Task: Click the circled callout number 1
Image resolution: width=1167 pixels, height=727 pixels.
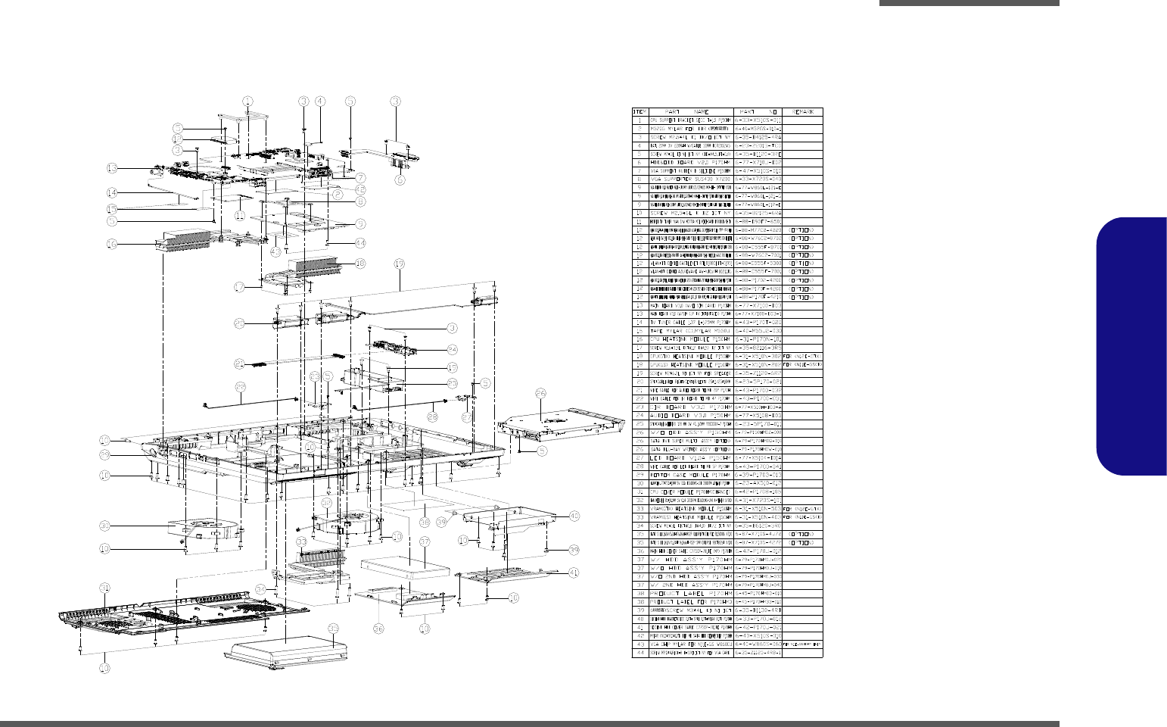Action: pos(247,101)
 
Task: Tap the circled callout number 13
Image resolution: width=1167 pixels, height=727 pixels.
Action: pos(111,168)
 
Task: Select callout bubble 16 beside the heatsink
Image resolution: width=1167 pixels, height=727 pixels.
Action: pos(111,244)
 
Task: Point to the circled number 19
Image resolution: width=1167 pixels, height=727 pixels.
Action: pos(400,264)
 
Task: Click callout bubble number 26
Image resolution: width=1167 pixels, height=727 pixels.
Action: pos(540,393)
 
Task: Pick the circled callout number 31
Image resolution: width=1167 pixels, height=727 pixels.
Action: pos(104,588)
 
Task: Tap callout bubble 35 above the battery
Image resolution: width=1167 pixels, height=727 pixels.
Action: pos(334,627)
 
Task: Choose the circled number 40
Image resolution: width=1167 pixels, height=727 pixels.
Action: pos(574,516)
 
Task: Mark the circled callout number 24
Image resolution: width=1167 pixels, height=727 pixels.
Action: pos(452,349)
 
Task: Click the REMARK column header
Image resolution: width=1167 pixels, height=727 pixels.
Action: pos(801,111)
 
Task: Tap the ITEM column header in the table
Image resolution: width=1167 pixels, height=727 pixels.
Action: pos(640,111)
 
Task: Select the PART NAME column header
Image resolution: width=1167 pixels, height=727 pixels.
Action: pos(691,111)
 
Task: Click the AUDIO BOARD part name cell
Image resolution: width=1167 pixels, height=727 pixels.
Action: pos(691,415)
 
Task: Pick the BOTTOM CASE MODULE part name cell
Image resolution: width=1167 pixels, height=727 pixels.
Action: pos(691,474)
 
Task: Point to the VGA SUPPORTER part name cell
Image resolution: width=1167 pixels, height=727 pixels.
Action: pos(691,179)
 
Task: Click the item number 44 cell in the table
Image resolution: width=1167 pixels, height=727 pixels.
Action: pos(640,653)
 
